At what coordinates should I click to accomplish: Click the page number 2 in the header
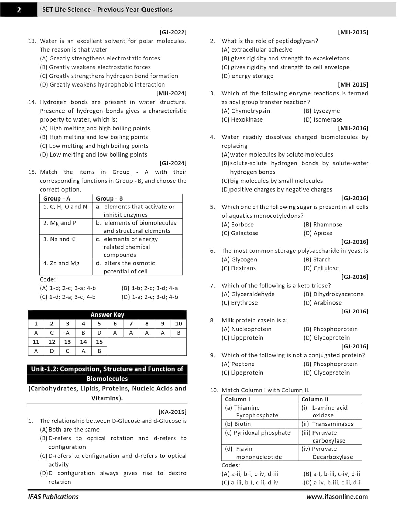coord(19,10)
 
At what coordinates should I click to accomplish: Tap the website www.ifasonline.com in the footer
coord(337,496)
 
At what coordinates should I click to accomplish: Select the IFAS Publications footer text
coord(53,496)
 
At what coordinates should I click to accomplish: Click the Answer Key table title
coord(107,314)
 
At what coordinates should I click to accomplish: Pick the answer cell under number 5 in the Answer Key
coord(99,333)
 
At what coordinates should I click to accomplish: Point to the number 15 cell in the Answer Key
coord(99,342)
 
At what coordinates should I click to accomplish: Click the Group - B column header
coord(109,198)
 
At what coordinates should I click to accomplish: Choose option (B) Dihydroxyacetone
coord(333,294)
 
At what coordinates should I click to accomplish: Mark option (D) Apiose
coord(318,233)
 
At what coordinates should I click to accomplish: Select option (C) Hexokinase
coord(242,119)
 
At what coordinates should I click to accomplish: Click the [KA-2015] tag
coord(172,412)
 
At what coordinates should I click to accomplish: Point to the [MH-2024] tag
coord(171,93)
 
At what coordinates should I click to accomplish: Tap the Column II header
coord(315,399)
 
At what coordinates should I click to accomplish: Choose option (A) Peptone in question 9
coord(238,364)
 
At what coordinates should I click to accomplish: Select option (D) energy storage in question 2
coord(247,76)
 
